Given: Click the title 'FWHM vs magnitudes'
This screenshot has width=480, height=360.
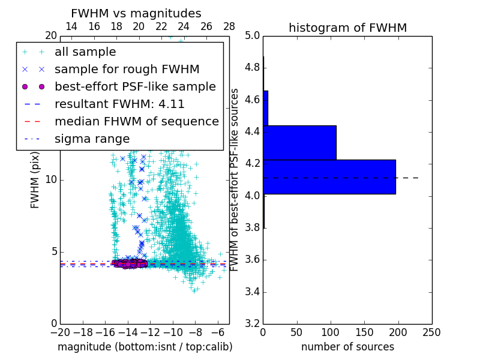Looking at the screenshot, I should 136,14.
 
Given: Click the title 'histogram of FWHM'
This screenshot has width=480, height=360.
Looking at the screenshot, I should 347,28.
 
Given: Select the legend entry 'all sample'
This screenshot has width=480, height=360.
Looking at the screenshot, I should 85,52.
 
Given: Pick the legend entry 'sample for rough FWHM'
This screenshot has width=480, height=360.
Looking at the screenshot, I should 127,69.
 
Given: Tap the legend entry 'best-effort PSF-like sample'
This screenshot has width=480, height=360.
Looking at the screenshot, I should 135,86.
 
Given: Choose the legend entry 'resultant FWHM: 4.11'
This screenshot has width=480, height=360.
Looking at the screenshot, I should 119,104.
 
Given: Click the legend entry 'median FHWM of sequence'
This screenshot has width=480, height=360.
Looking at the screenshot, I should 136,121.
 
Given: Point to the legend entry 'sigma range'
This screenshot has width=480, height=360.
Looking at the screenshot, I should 92,139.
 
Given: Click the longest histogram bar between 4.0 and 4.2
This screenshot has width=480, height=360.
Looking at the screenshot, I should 329,176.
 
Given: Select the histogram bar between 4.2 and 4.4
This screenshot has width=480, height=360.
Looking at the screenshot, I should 299,143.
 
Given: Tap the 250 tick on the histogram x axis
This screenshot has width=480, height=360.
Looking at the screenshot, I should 431,331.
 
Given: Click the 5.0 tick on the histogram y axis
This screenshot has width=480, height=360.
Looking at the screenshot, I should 252,35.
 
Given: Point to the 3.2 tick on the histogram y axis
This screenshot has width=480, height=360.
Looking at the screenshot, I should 252,323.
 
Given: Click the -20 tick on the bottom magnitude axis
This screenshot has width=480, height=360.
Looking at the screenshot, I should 59,331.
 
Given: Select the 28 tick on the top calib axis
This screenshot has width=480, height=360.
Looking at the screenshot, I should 229,27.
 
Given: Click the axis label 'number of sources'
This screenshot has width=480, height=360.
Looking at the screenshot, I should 347,347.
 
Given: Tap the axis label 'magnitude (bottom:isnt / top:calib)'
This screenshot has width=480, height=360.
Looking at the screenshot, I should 145,347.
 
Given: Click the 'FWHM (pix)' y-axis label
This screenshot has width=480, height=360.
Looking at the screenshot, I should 35,180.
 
